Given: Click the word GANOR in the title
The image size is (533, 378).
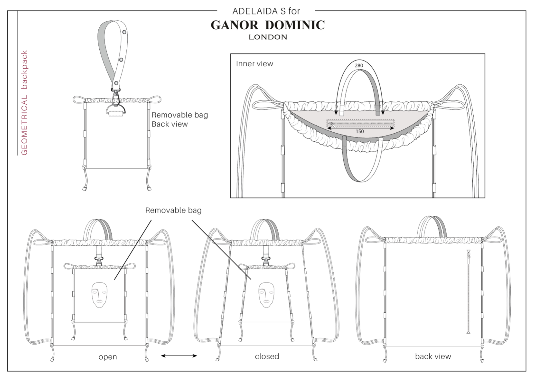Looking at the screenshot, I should tap(234, 25).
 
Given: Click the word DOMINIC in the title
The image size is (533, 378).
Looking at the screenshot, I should tap(295, 25).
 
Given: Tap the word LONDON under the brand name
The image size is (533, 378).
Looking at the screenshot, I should tap(268, 37).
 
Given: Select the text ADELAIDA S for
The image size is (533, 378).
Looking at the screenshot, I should tap(266, 11).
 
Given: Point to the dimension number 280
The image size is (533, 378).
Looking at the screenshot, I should tap(359, 66).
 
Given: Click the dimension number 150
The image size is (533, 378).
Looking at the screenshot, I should tap(360, 131).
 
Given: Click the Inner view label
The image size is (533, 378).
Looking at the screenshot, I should tap(254, 64).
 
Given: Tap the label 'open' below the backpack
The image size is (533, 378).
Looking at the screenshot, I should tap(108, 357).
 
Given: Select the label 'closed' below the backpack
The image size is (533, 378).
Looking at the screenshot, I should tap(267, 356).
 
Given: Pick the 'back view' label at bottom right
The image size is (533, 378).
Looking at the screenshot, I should tap(433, 356).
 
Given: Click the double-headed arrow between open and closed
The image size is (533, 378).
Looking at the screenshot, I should tap(179, 356).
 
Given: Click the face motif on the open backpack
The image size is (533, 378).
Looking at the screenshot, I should tap(99, 295).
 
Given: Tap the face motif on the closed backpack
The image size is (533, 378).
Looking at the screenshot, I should tap(266, 295).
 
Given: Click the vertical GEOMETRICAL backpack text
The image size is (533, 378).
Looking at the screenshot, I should tap(25, 103).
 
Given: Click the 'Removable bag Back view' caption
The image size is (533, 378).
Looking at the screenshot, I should tap(180, 119).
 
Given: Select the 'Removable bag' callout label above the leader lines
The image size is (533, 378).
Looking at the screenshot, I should tap(173, 210).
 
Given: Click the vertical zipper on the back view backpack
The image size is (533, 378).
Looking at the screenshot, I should tap(468, 296).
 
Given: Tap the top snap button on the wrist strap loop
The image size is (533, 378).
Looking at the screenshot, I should tap(125, 32).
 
